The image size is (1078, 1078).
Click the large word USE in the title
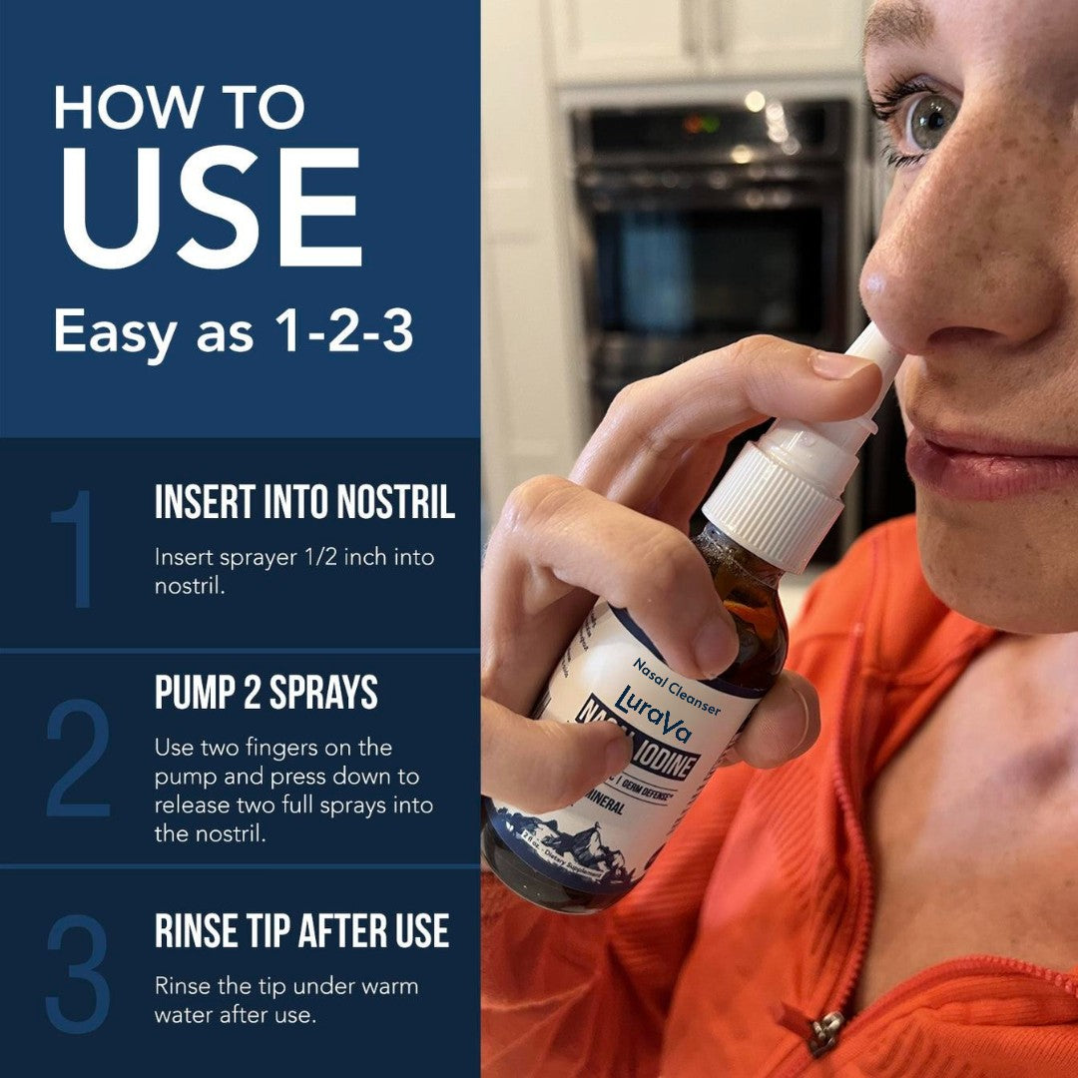(208, 209)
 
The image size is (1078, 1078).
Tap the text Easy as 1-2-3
(234, 331)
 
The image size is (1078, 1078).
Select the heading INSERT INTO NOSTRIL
(304, 503)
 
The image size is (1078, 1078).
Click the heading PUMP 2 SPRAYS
(266, 694)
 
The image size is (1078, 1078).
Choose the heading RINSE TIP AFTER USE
(301, 931)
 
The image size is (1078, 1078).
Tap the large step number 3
(78, 973)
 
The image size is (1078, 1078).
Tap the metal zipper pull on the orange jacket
(825, 1033)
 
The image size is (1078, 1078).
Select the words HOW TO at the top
(180, 107)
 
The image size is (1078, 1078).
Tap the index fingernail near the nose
(843, 364)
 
